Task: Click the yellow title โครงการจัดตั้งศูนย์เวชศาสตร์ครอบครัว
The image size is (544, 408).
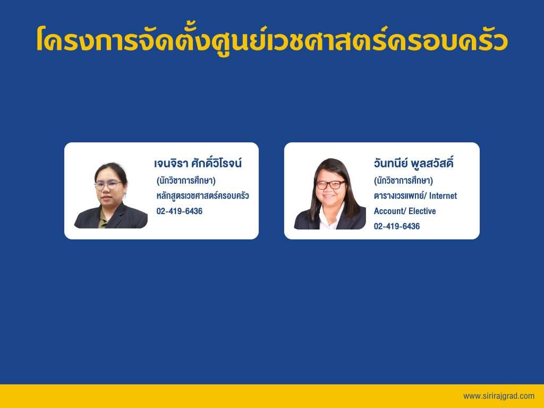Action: [x=272, y=39]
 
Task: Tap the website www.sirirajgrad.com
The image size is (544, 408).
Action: [x=498, y=396]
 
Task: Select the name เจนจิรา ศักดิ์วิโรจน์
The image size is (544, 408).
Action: [x=198, y=163]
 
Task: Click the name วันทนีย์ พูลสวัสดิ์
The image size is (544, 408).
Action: [x=413, y=163]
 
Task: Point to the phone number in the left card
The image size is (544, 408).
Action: [x=180, y=211]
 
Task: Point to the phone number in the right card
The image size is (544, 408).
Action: [x=396, y=226]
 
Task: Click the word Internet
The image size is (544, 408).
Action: [x=443, y=195]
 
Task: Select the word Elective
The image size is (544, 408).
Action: [x=422, y=211]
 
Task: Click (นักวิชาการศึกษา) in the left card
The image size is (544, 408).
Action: [x=186, y=181]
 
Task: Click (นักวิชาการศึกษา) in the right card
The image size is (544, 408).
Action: [x=404, y=181]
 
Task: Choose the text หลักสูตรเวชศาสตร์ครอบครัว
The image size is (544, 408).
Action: [x=202, y=195]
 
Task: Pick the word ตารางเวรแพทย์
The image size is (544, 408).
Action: [x=399, y=195]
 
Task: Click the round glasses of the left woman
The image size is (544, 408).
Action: [x=108, y=185]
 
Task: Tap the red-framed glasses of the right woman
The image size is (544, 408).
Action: [x=330, y=184]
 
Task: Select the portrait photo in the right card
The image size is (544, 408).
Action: [x=330, y=193]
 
